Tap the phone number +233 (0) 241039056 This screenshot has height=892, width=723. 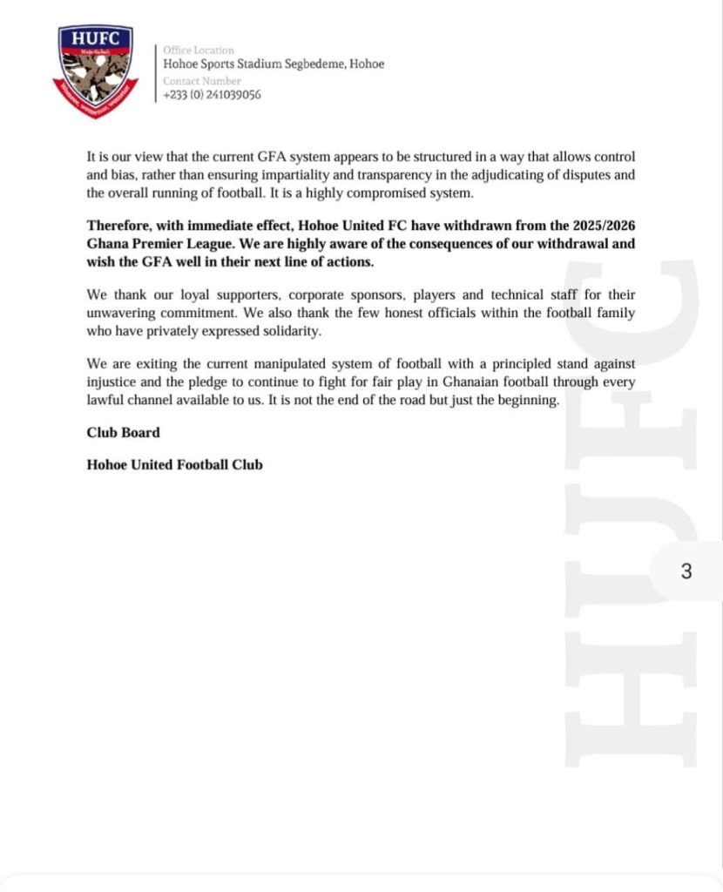click(213, 95)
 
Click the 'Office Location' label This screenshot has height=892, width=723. click(199, 51)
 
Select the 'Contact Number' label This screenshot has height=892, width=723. click(202, 81)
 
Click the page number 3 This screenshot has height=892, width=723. click(686, 571)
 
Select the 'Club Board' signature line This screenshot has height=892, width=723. click(123, 432)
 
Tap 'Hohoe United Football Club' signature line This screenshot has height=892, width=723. click(174, 465)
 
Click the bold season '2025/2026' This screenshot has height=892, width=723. click(604, 226)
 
